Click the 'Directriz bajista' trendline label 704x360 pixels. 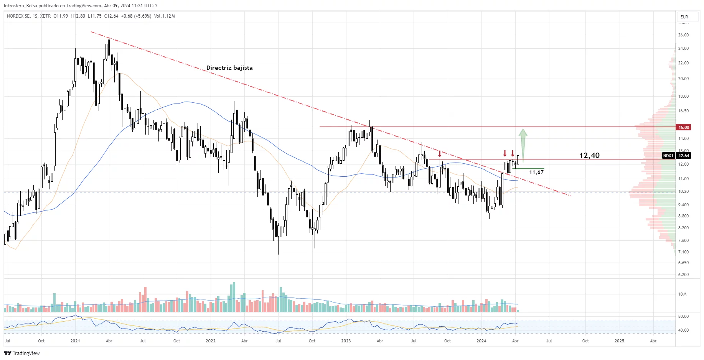229,68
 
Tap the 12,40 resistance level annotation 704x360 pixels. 589,155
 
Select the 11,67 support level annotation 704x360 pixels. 536,173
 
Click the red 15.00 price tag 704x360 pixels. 684,127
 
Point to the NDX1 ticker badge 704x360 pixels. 668,156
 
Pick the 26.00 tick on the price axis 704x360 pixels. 683,35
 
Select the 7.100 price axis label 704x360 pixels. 683,252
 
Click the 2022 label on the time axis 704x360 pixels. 211,341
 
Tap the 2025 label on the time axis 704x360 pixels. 619,341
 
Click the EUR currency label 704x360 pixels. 684,17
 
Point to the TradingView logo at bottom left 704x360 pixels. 22,353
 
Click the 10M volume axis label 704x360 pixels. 683,294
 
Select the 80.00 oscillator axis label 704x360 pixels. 683,316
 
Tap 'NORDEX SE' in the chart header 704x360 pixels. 18,16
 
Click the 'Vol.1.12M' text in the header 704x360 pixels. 165,16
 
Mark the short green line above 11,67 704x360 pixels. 528,169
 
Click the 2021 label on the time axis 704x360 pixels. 75,341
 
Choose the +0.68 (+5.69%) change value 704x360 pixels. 136,16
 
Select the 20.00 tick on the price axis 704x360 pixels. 683,79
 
